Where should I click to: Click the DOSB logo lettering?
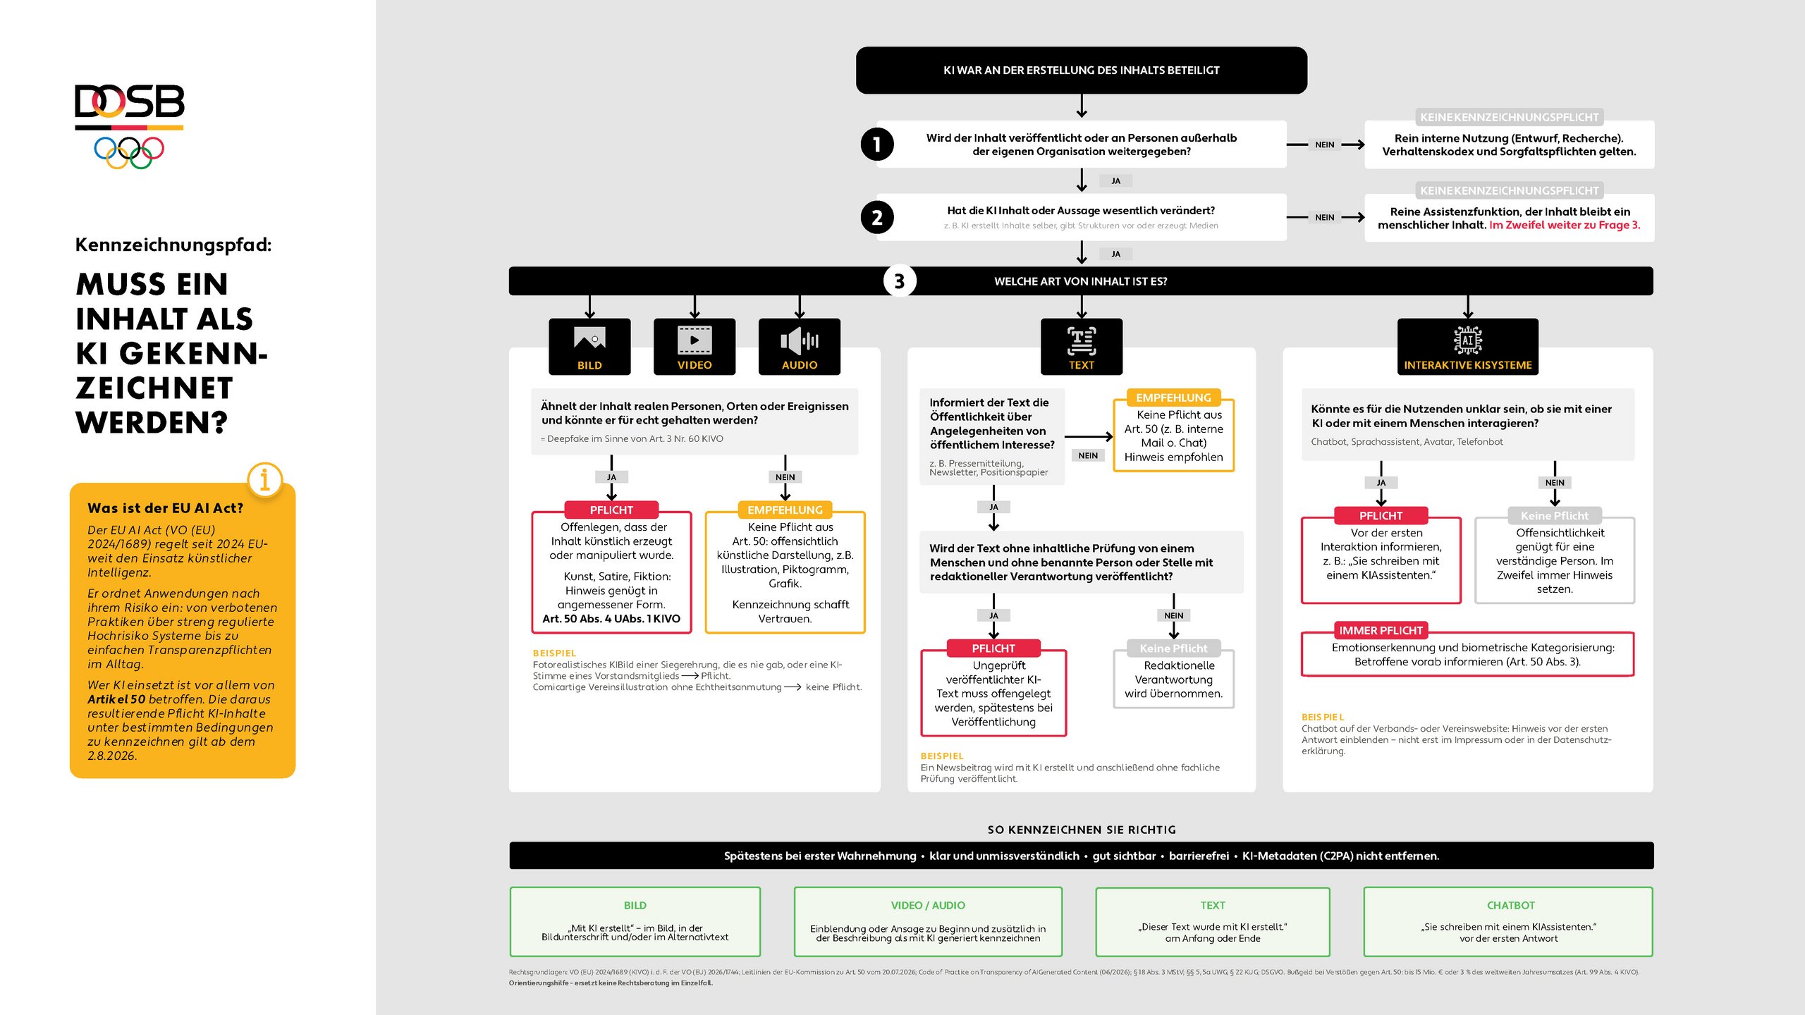130,101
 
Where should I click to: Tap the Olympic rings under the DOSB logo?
129,152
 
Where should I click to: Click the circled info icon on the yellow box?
265,480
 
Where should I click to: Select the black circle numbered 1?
877,144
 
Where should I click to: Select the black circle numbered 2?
877,218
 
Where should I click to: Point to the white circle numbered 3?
900,281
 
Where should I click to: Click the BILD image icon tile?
589,347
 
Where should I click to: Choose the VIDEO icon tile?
695,347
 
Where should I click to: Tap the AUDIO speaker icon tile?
800,347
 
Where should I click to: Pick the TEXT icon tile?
1082,347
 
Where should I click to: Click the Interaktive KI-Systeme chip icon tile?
1468,347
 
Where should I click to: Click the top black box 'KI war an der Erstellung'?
1082,70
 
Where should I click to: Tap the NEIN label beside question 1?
1325,144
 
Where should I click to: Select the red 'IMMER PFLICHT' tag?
1381,631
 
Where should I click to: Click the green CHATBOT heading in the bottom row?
1511,905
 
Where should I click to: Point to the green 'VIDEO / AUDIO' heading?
928,905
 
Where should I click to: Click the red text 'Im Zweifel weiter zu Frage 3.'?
1565,225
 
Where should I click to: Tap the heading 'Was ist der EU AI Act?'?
165,508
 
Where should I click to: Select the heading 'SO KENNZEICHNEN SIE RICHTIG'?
1082,830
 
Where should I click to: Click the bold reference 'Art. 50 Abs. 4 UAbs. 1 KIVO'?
611,619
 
